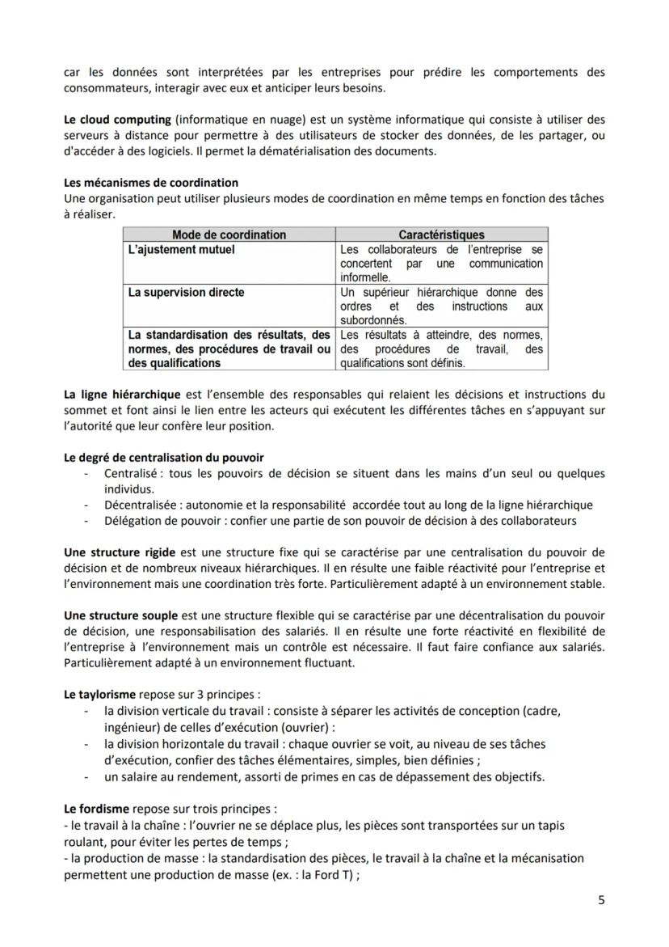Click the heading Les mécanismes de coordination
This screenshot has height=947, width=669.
tap(151, 183)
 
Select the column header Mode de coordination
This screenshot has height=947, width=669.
tap(229, 235)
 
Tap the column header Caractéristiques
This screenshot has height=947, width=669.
tap(441, 235)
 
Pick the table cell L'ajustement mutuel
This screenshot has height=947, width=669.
tap(182, 249)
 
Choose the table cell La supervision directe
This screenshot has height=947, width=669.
tap(186, 292)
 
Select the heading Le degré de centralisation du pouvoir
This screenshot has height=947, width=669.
tap(164, 458)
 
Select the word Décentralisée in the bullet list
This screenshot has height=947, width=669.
tap(139, 505)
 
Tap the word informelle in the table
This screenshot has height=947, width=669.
tap(366, 277)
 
